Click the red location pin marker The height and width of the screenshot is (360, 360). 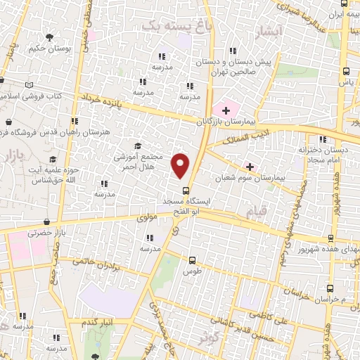point(181,165)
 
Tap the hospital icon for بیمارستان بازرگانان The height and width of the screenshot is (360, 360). point(225,110)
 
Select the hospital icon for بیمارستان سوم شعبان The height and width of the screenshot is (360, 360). point(249,166)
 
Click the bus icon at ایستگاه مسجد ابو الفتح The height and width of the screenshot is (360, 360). point(186,191)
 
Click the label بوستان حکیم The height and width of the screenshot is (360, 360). point(50,49)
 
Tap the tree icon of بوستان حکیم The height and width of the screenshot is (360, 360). point(49,37)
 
